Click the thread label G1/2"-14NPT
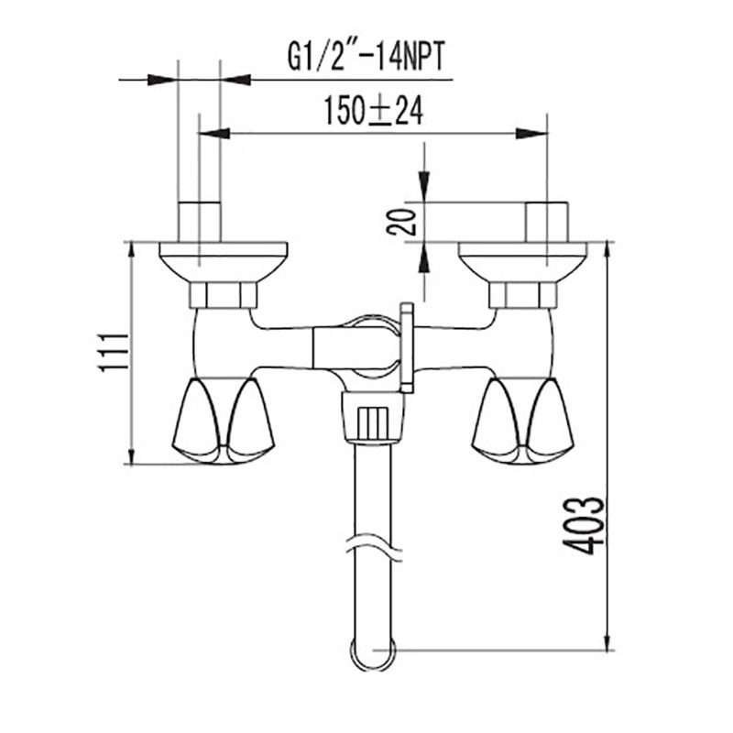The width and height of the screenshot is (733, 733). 366,57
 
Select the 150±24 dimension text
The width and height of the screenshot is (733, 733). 374,111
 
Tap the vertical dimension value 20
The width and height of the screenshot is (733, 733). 400,222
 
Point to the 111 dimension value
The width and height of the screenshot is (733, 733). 113,353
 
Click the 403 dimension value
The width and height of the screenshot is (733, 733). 583,525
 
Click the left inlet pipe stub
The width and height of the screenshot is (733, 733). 200,222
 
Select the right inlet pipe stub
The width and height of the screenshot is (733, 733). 546,222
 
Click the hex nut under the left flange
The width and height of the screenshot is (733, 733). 224,295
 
